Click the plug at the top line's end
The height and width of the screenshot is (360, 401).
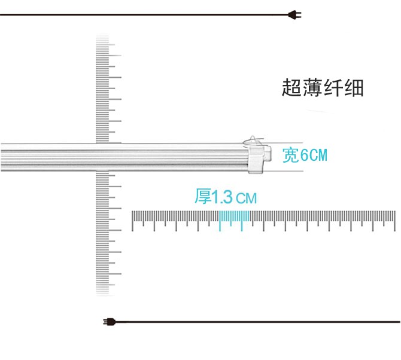pyautogui.click(x=294, y=16)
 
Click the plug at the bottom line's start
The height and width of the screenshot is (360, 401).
pyautogui.click(x=109, y=322)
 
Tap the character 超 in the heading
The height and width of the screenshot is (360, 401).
pyautogui.click(x=291, y=89)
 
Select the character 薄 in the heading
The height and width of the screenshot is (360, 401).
pyautogui.click(x=312, y=89)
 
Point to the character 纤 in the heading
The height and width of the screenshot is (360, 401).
pyautogui.click(x=333, y=89)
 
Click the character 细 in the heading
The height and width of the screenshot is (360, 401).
pyautogui.click(x=354, y=89)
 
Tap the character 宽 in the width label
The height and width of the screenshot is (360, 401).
pyautogui.click(x=290, y=156)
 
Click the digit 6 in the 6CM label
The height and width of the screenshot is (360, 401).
pyautogui.click(x=303, y=156)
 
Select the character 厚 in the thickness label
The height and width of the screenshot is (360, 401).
pyautogui.click(x=203, y=197)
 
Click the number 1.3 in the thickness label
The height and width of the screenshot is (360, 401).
pyautogui.click(x=223, y=197)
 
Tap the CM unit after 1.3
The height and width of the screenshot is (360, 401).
pyautogui.click(x=246, y=198)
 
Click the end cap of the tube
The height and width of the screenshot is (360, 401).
pyautogui.click(x=257, y=158)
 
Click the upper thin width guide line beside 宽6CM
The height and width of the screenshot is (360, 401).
pyautogui.click(x=293, y=144)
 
